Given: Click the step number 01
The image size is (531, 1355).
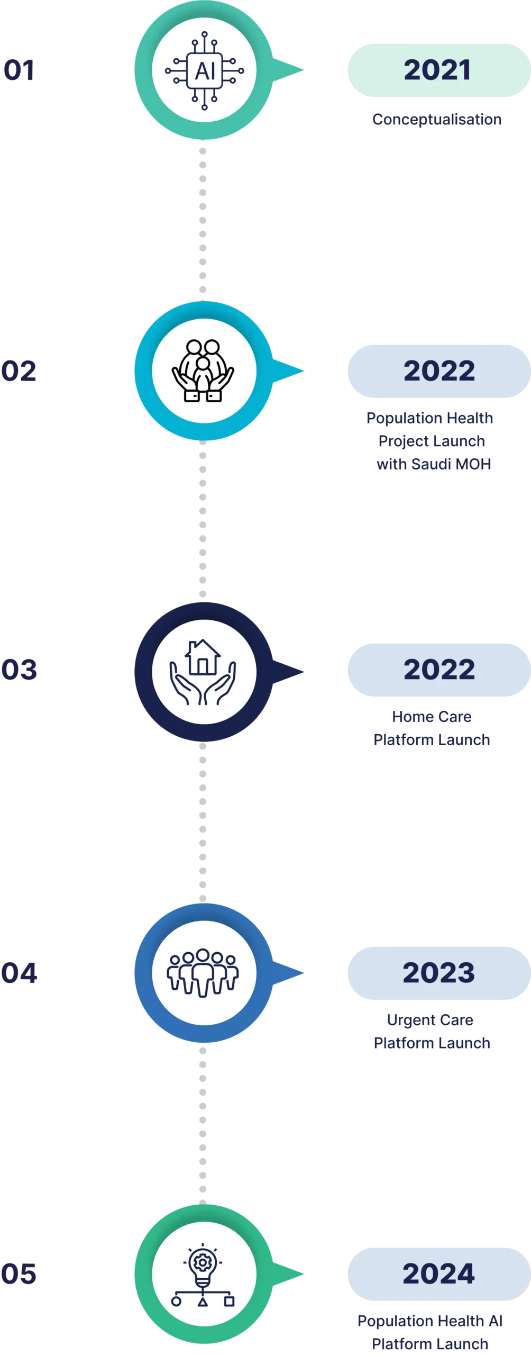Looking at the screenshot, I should tap(19, 70).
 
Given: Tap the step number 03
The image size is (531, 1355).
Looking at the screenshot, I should tap(19, 670).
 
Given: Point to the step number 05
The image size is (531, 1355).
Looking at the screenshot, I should tap(19, 1274).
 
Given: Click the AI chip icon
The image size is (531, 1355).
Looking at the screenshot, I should tap(204, 70).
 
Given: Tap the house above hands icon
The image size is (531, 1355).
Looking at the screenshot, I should tap(203, 671).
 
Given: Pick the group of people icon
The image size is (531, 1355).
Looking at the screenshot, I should tap(203, 973).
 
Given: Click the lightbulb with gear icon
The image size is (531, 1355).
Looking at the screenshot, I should tap(203, 1273).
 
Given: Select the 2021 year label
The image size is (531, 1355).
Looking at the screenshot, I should tap(437, 70).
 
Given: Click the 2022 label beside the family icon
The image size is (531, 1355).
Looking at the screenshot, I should tap(439, 371).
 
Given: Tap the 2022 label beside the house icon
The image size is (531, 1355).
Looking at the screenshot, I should tap(439, 670).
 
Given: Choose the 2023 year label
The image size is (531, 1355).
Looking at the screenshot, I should tap(438, 973).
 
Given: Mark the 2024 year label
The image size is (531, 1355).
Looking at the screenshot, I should tap(438, 1273).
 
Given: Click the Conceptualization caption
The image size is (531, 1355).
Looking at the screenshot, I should tap(437, 119).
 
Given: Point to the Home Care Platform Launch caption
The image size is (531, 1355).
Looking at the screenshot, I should tap(432, 728).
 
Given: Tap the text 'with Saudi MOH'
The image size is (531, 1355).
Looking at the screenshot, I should tap(434, 464).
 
